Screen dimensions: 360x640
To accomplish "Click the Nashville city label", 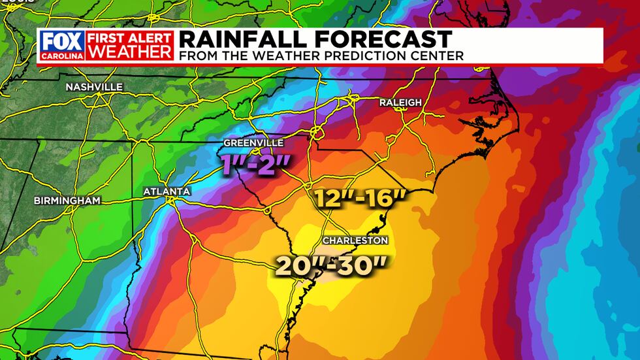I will pyautogui.click(x=93, y=87).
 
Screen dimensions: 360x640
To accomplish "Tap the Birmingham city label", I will pyautogui.click(x=67, y=201).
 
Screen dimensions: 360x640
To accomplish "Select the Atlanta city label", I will pyautogui.click(x=167, y=191).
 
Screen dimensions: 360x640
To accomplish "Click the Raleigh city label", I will pyautogui.click(x=400, y=103).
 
